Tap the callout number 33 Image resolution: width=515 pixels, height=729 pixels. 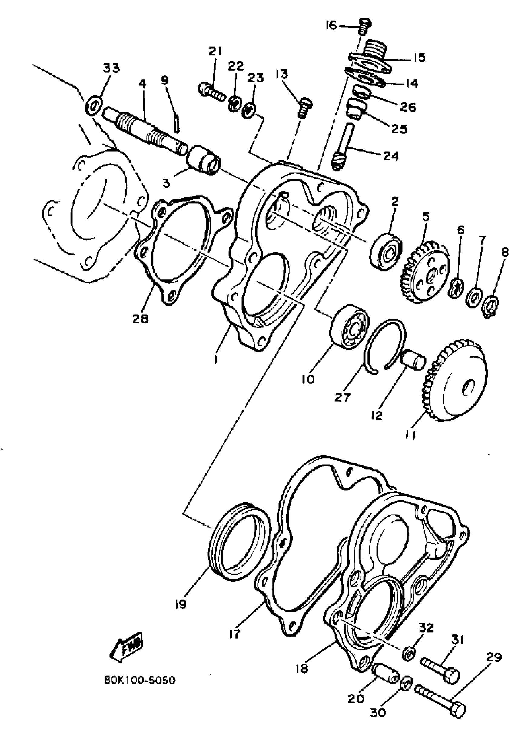(x=111, y=68)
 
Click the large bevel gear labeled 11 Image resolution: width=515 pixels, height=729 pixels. (x=457, y=381)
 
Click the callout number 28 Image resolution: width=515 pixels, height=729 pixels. (x=141, y=319)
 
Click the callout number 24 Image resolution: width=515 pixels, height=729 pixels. (x=390, y=156)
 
